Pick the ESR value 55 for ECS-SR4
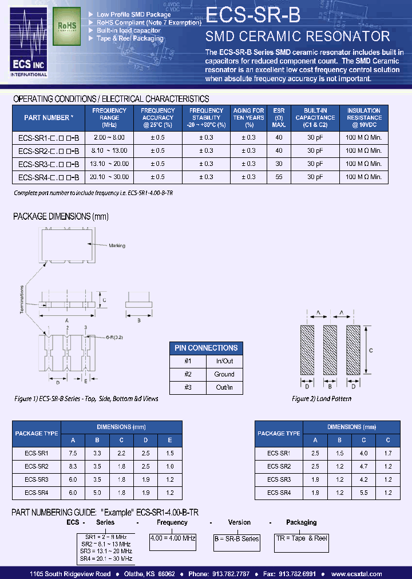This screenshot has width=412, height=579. [279, 177]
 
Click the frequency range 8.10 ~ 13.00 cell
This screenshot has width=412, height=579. [109, 150]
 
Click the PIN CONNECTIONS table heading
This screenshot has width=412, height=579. [206, 348]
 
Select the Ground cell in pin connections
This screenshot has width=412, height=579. [224, 374]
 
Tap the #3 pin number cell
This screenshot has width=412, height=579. [188, 387]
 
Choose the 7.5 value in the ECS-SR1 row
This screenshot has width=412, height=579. [73, 453]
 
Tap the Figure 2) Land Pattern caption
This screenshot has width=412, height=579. [322, 398]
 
